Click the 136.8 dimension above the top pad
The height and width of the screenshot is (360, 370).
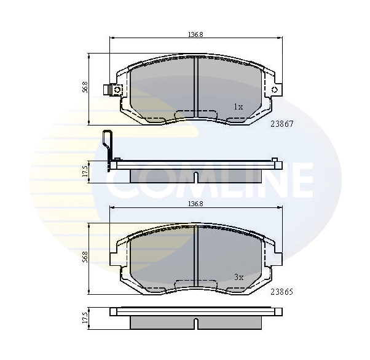195,34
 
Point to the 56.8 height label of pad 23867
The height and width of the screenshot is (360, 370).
85,88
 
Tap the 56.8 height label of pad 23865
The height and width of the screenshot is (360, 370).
85,257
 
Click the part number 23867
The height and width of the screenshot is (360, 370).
282,123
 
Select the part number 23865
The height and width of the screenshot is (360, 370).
282,293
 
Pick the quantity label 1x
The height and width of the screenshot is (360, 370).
238,107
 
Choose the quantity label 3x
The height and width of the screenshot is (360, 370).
238,277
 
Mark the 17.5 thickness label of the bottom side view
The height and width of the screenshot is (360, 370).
85,318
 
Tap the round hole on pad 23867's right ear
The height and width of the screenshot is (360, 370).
275,90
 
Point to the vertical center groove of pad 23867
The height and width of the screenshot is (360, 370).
195,86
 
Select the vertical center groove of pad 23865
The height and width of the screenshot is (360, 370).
195,255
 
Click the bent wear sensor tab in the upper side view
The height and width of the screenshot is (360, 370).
109,145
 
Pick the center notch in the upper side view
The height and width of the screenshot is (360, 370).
195,178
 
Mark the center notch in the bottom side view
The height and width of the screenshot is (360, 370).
195,324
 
